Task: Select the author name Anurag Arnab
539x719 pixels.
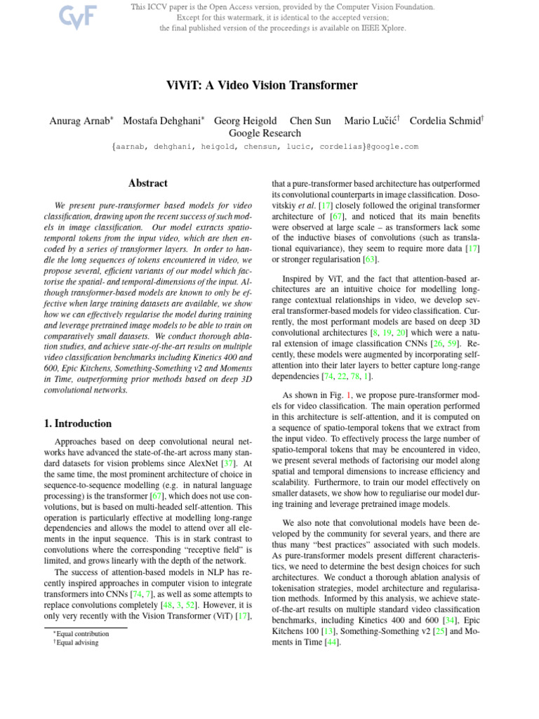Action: [x=81, y=121]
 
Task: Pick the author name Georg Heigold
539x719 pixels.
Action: [x=245, y=121]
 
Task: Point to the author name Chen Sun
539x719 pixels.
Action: [x=310, y=121]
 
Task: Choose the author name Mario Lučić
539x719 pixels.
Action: [x=371, y=121]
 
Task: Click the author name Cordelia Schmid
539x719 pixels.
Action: [x=446, y=121]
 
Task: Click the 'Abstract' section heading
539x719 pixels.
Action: [x=148, y=183]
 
